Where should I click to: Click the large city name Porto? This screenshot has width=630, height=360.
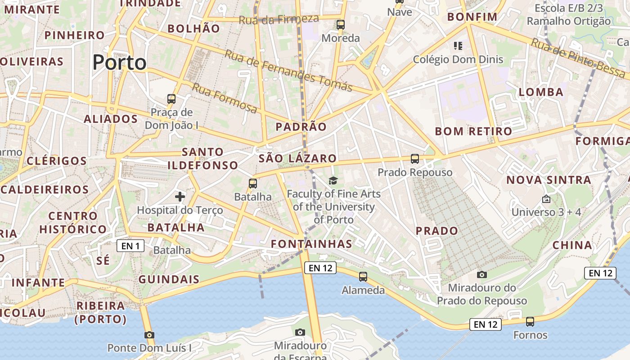pos(119,62)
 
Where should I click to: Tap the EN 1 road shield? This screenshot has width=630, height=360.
pos(130,246)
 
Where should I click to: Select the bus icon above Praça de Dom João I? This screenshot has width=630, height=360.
pos(171,99)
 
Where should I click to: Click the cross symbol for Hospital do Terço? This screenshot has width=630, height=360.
pos(180,196)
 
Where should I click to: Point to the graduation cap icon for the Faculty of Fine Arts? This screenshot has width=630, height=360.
pos(333,181)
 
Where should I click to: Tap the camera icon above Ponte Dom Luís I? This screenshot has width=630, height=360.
pos(149,335)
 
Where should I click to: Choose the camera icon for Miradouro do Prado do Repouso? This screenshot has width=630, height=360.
pos(482,274)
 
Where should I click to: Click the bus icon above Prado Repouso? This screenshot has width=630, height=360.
pos(415,159)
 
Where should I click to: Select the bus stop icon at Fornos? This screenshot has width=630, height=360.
pos(530,322)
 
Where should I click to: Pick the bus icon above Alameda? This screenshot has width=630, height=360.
pos(363,277)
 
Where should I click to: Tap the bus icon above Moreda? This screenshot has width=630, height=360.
pos(341,25)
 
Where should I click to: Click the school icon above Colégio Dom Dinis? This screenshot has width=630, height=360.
pos(458,45)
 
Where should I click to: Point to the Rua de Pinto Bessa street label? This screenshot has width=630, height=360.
pos(578,58)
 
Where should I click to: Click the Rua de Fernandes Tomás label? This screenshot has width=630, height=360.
pos(288,70)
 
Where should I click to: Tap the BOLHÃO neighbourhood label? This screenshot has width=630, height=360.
pos(193,29)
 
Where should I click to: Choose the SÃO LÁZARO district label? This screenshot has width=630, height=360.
pos(297,158)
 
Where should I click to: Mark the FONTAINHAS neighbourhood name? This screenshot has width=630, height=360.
pos(311,244)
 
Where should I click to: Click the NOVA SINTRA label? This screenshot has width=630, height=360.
pos(549,180)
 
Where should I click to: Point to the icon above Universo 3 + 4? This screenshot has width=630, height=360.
pos(546,198)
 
